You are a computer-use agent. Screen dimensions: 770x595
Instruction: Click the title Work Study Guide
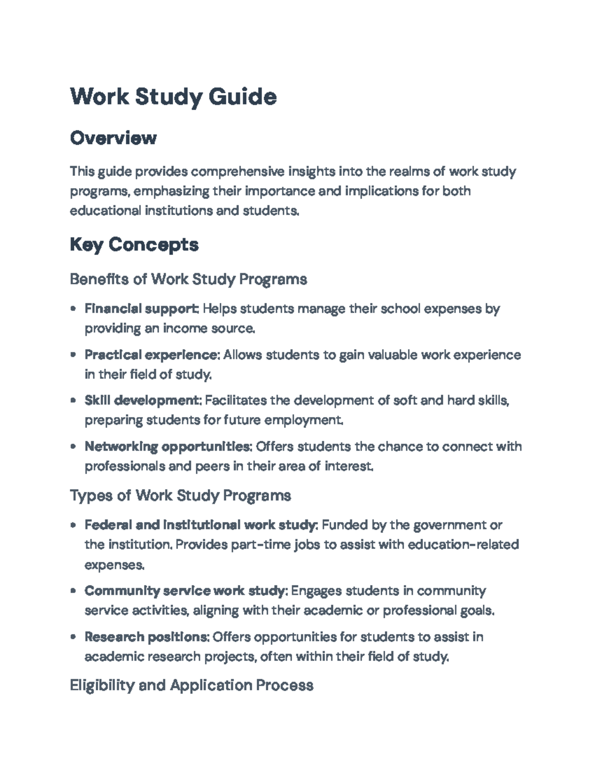[173, 97]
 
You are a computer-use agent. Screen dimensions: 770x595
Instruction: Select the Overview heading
[113, 138]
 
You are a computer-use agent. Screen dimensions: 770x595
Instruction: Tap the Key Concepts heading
[134, 244]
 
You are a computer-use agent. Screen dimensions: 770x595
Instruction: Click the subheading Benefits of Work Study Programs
[188, 279]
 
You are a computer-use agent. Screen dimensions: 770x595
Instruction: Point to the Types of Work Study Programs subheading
[180, 495]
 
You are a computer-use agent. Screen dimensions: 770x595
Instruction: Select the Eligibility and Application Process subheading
[191, 685]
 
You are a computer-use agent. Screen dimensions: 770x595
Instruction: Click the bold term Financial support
[141, 309]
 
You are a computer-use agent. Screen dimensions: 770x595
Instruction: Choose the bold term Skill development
[142, 400]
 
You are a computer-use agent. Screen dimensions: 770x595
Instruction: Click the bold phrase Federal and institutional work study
[200, 525]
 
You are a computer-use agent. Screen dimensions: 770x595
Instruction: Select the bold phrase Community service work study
[185, 591]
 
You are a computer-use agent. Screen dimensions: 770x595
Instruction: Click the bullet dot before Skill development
[73, 401]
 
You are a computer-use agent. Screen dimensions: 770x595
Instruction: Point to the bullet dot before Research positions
[73, 637]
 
